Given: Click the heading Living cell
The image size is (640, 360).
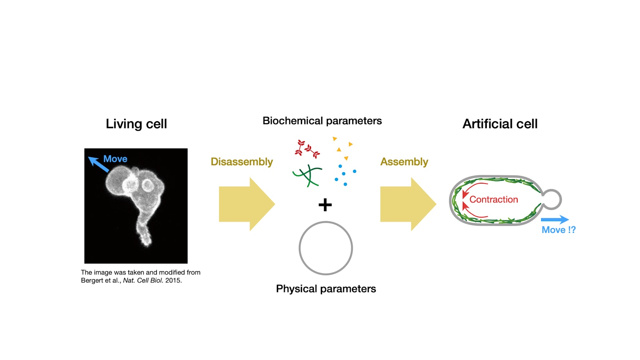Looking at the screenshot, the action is click(x=136, y=124).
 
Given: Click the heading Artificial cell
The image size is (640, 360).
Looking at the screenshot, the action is click(x=500, y=124).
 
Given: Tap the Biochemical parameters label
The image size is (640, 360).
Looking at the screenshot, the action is click(x=322, y=121).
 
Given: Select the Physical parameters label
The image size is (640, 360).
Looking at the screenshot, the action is click(x=326, y=289).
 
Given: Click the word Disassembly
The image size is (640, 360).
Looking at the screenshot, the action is click(x=242, y=162).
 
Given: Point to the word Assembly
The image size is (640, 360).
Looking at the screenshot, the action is click(x=404, y=162).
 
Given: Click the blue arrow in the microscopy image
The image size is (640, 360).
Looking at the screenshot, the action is click(x=98, y=164).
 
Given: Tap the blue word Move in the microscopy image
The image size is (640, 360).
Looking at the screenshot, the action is click(x=115, y=159).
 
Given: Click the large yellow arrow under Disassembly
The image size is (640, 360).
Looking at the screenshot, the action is click(x=247, y=204).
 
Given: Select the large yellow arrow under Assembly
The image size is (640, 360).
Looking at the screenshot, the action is click(x=408, y=204).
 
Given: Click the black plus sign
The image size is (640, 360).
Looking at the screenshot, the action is click(x=325, y=205).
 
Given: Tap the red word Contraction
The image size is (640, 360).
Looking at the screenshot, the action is click(x=494, y=200).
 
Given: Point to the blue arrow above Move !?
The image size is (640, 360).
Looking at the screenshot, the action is click(x=555, y=220).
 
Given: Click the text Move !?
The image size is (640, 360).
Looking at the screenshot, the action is click(x=558, y=230).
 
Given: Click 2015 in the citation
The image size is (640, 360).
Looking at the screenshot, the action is click(x=174, y=280).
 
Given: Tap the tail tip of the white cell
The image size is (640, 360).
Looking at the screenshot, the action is click(x=148, y=244).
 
